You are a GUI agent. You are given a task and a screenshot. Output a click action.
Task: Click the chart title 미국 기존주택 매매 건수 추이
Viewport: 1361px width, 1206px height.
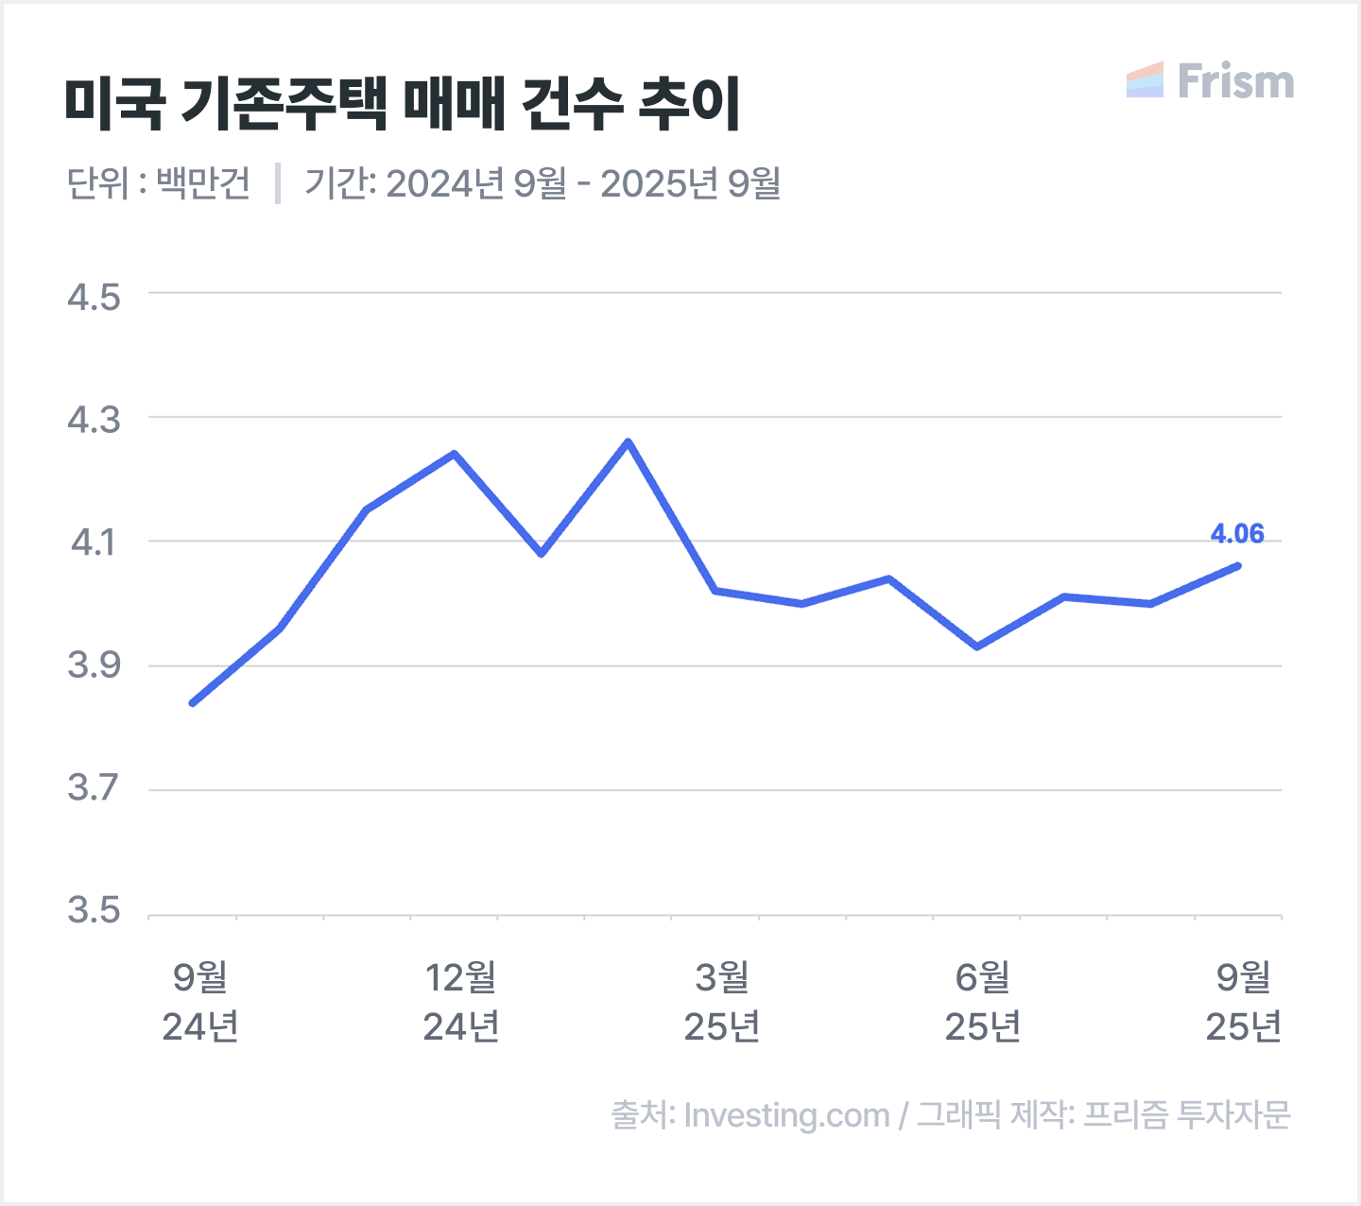pyautogui.click(x=403, y=104)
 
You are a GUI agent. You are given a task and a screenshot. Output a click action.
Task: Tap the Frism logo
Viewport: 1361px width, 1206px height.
pyautogui.click(x=1210, y=80)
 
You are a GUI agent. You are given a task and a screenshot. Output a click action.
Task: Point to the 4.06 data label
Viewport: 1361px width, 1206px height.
pyautogui.click(x=1237, y=533)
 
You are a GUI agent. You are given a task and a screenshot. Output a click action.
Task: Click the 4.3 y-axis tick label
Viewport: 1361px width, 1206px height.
pyautogui.click(x=95, y=420)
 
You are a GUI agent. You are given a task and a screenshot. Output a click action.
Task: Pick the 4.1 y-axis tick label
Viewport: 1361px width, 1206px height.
pyautogui.click(x=95, y=543)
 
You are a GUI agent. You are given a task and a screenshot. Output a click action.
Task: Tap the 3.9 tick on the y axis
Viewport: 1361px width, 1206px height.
pyautogui.click(x=95, y=665)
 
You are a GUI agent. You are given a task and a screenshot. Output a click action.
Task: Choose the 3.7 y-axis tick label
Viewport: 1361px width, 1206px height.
pyautogui.click(x=95, y=787)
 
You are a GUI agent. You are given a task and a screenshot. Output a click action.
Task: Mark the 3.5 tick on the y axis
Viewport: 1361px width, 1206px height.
pyautogui.click(x=95, y=910)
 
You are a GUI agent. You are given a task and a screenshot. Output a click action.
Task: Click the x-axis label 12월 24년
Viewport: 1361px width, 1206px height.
pyautogui.click(x=461, y=1001)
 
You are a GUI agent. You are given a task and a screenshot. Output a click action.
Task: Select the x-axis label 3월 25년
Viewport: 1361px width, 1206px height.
pyautogui.click(x=721, y=1001)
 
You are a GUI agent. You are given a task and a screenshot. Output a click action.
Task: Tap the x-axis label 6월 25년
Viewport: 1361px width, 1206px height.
pyautogui.click(x=982, y=1001)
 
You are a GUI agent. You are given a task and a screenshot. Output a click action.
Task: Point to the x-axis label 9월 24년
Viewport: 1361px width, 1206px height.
pyautogui.click(x=200, y=1001)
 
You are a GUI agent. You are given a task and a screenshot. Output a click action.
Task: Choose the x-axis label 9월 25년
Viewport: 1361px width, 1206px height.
pyautogui.click(x=1243, y=1001)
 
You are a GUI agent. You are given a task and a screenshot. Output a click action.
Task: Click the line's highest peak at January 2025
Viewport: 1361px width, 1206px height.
pyautogui.click(x=629, y=441)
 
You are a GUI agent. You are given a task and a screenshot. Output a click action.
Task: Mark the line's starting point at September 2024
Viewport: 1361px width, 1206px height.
pyautogui.click(x=193, y=703)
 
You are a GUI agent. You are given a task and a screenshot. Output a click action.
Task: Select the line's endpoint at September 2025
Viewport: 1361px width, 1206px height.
pyautogui.click(x=1238, y=566)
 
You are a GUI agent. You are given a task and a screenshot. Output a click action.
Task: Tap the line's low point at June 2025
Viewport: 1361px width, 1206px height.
pyautogui.click(x=976, y=646)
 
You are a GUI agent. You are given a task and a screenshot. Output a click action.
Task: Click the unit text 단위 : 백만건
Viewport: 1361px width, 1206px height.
pyautogui.click(x=159, y=182)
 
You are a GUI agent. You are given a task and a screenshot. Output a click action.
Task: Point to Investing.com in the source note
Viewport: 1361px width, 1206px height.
pyautogui.click(x=786, y=1116)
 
